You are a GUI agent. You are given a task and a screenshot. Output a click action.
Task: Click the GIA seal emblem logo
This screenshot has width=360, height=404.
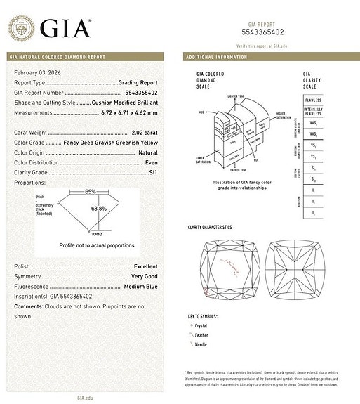[20, 29]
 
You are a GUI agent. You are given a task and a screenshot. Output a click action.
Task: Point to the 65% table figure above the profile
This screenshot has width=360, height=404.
[91, 191]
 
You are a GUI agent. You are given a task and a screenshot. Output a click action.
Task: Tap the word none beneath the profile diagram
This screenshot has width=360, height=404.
[96, 233]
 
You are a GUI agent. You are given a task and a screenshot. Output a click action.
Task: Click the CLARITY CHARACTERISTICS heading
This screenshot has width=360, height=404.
[210, 228]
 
